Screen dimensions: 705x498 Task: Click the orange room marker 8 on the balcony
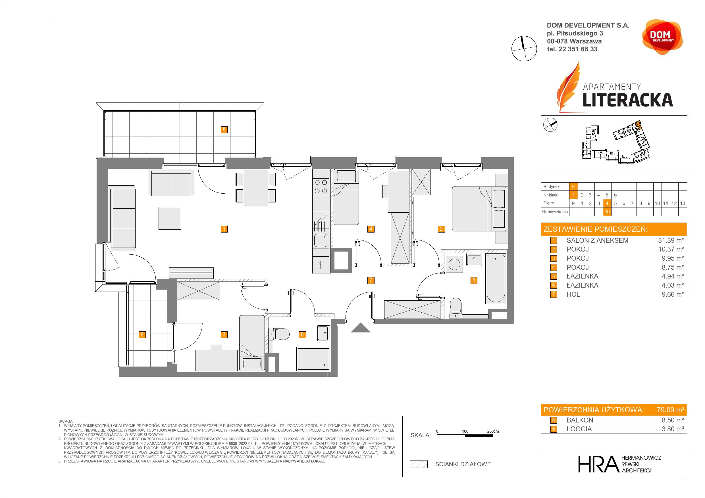click(x=224, y=129)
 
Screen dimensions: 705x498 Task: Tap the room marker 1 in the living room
click(x=224, y=229)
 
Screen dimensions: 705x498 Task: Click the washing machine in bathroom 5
click(x=454, y=264)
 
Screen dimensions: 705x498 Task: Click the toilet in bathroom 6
click(x=279, y=334)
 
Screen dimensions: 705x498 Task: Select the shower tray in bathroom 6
click(x=313, y=358)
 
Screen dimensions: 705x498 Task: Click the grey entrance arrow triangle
click(x=361, y=328)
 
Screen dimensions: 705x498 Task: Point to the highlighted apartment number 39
click(x=607, y=212)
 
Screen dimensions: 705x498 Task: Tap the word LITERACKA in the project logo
click(x=628, y=100)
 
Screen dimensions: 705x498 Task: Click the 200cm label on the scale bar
click(x=493, y=431)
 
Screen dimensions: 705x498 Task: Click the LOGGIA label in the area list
click(x=579, y=429)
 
